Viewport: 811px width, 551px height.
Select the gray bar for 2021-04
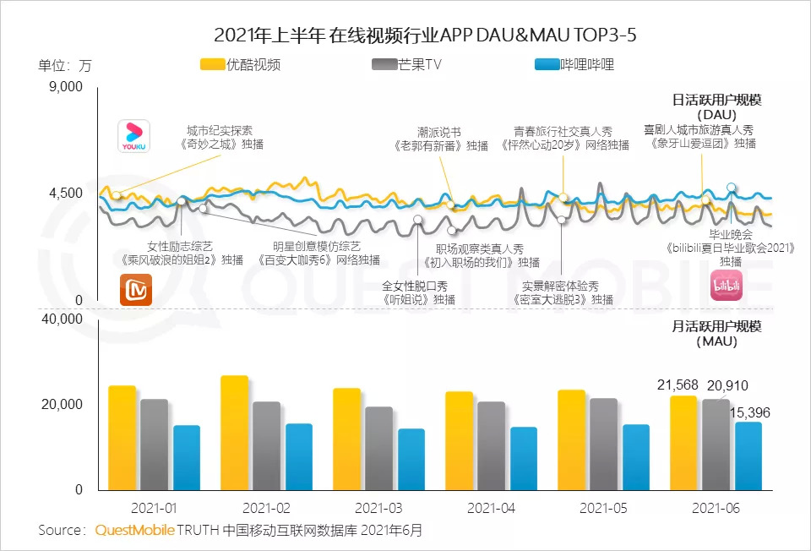coord(491,445)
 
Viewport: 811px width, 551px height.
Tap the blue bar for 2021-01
coord(187,457)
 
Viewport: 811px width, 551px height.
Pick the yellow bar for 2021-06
coord(683,443)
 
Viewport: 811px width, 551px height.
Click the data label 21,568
coord(677,385)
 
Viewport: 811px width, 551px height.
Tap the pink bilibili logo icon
coord(726,286)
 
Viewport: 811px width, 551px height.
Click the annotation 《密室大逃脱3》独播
coord(563,299)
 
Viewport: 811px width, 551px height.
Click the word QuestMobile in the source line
coord(135,531)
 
